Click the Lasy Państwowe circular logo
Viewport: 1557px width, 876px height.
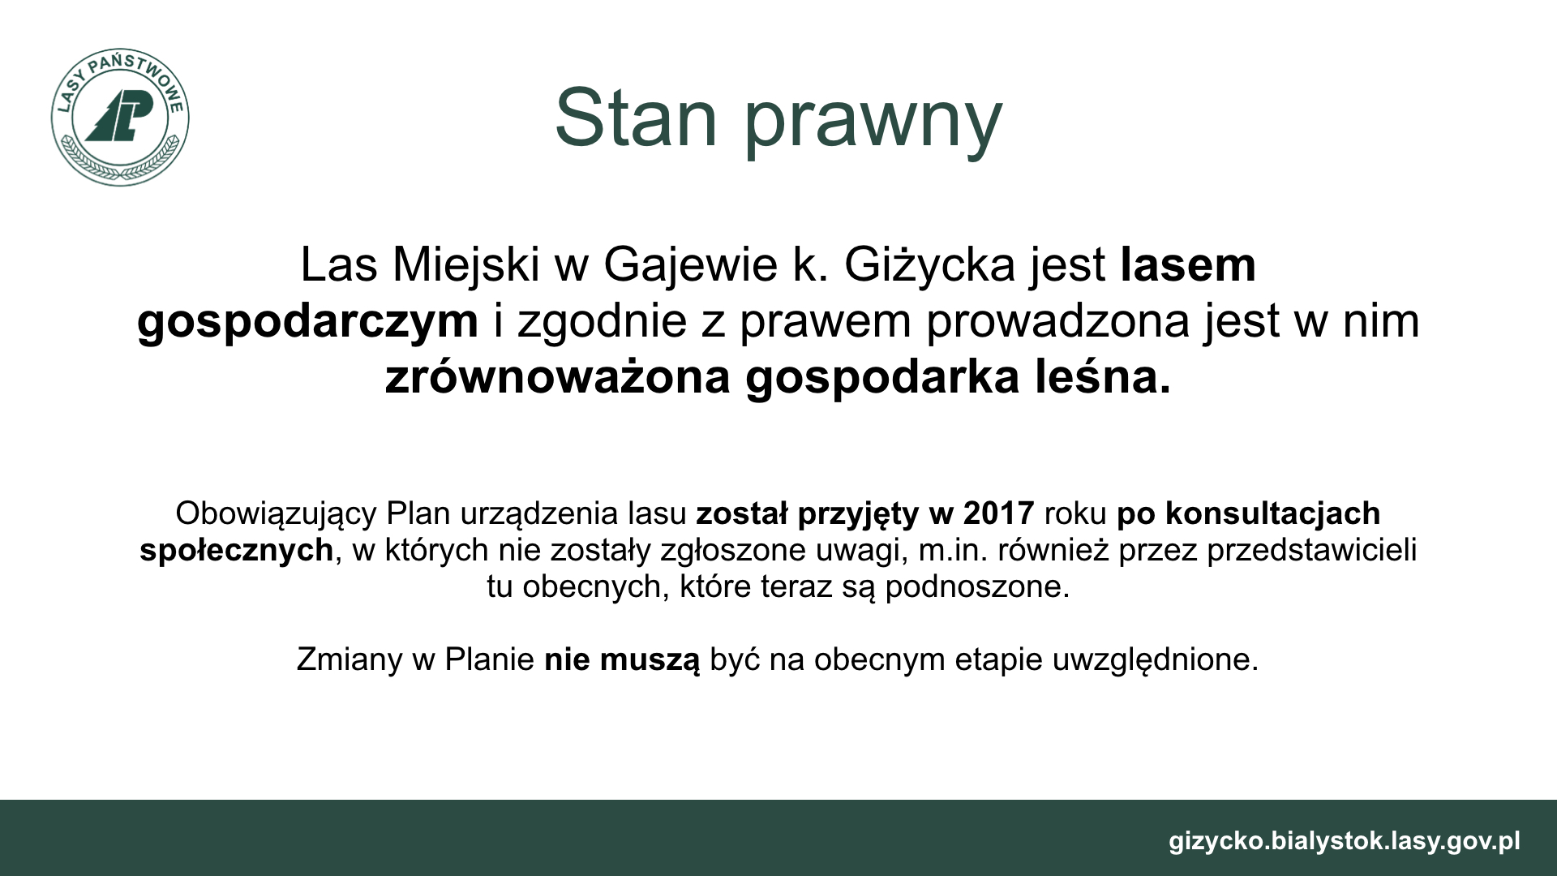119,117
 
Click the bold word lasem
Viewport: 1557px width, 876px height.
1188,264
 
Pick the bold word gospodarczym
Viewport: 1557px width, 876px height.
308,323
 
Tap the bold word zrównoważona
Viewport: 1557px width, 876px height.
558,378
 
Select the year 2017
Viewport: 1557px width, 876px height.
999,513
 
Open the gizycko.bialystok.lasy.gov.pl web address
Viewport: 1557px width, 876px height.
1345,841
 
